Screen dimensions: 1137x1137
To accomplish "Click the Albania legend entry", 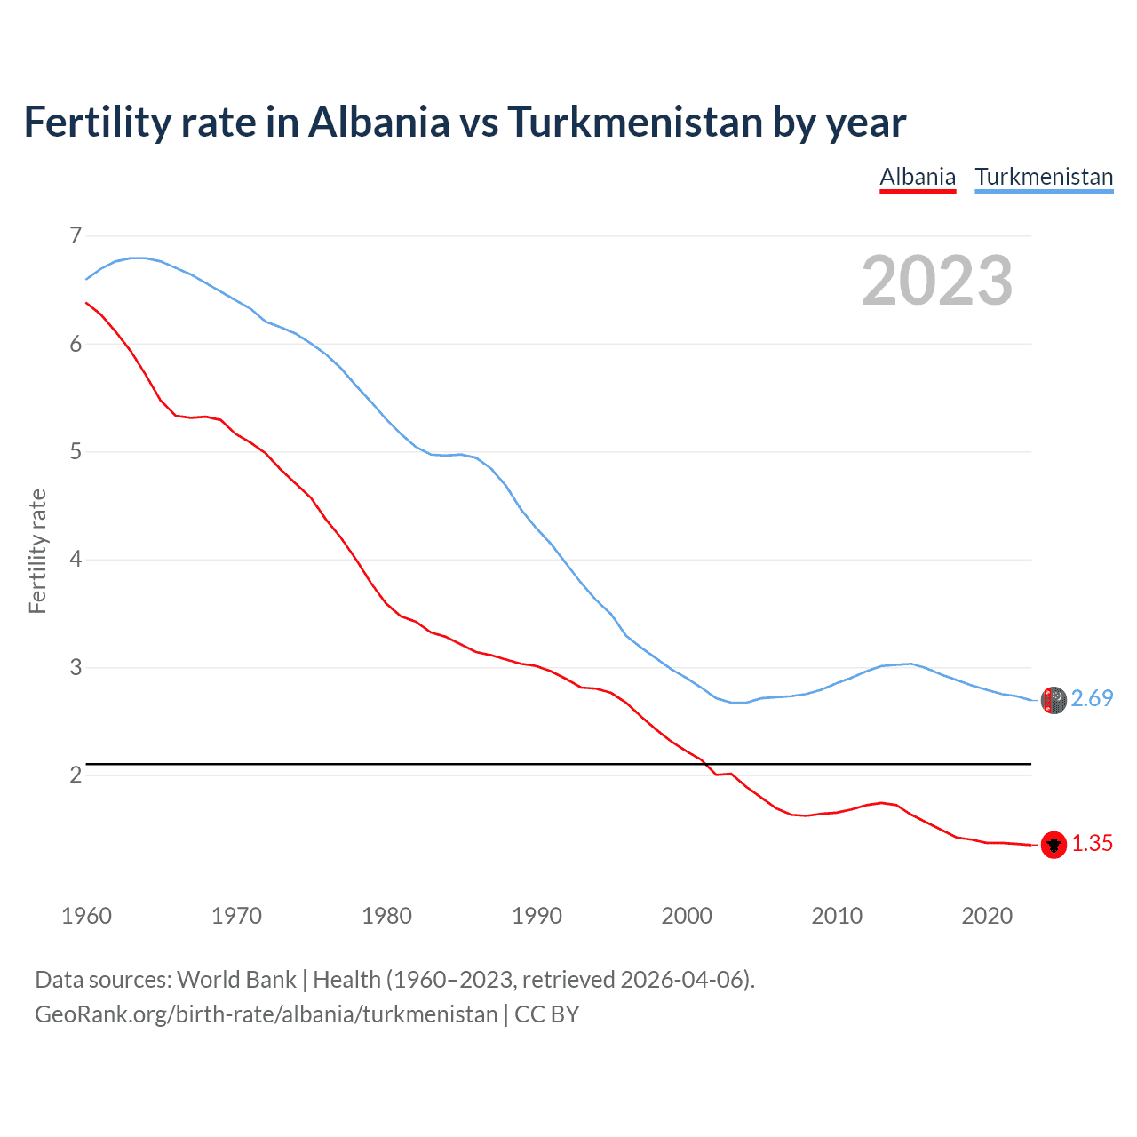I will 918,177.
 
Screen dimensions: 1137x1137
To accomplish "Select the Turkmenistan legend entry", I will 1044,177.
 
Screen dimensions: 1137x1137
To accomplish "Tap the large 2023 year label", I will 936,281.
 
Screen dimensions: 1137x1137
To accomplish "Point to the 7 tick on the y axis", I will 75,235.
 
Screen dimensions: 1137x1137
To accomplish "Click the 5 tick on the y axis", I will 75,451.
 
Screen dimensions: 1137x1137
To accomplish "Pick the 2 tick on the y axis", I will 75,775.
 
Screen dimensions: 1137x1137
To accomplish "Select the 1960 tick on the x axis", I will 86,916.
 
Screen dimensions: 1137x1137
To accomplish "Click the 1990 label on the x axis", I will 537,916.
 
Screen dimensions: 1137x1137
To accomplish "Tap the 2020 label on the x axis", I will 987,916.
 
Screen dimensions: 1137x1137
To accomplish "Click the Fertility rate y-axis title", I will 37,551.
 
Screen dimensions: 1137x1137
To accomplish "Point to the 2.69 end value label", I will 1092,699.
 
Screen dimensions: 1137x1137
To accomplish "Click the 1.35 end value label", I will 1092,844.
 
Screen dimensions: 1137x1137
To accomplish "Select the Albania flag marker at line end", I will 1054,845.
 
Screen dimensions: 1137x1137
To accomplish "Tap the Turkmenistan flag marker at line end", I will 1054,700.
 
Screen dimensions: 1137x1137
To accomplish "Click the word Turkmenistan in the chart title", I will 635,123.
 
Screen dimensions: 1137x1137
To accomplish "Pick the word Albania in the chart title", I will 379,123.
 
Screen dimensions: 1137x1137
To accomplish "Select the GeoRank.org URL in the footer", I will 266,1014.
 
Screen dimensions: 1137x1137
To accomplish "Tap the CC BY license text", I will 547,1014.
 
